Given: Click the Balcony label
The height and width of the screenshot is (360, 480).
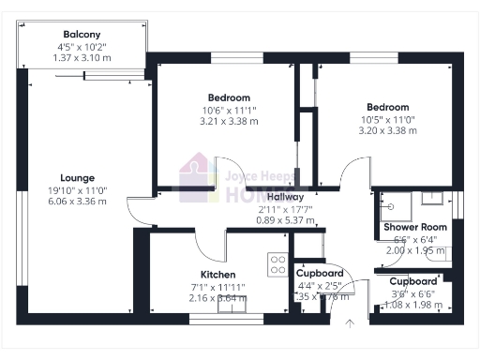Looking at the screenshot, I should pyautogui.click(x=82, y=35).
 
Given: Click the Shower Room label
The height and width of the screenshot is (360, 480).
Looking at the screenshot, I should pyautogui.click(x=415, y=228).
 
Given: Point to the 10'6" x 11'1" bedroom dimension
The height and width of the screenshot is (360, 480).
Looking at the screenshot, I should pyautogui.click(x=229, y=110).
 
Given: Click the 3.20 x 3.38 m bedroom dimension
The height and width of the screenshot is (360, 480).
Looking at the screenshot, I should pyautogui.click(x=387, y=130).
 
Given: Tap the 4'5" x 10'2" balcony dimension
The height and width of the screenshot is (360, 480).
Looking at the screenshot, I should pyautogui.click(x=82, y=47).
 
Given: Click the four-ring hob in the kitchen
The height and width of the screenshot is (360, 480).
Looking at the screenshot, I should pyautogui.click(x=277, y=264).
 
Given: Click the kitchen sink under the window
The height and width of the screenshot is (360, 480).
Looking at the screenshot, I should pyautogui.click(x=230, y=301).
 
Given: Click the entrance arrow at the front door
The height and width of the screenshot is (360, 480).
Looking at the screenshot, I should pyautogui.click(x=350, y=323).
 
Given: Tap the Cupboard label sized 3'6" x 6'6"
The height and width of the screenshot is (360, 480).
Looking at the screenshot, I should pyautogui.click(x=413, y=281).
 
